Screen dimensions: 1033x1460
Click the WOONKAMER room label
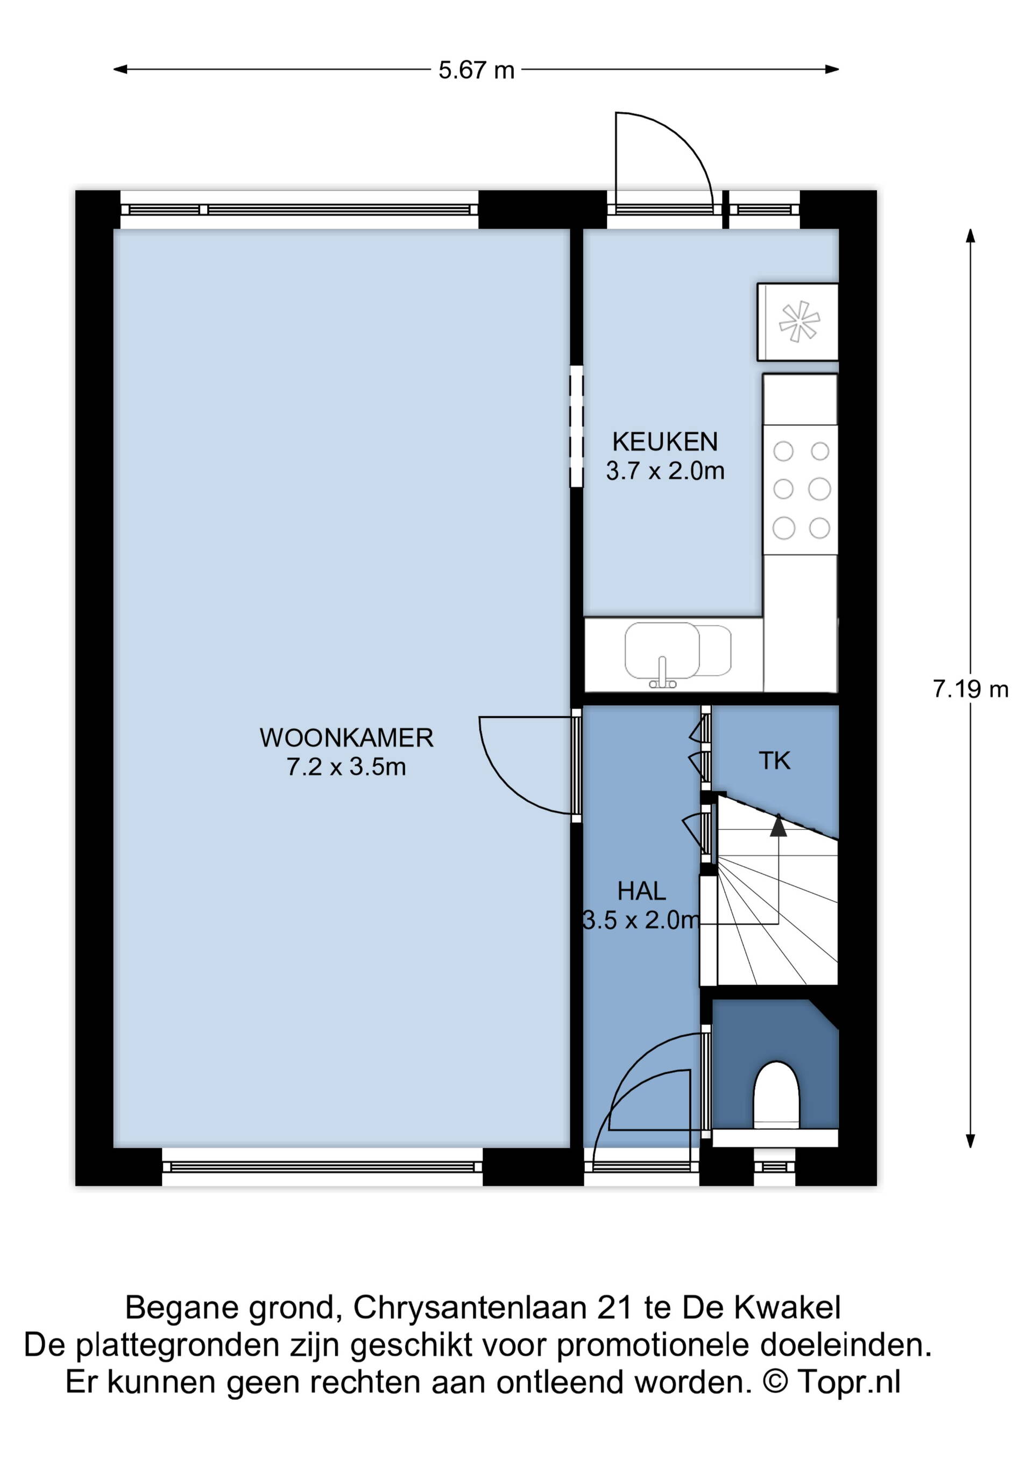346,738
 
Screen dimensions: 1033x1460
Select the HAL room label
642,891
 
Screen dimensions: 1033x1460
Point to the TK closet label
774,760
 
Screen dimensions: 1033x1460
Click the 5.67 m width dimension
477,70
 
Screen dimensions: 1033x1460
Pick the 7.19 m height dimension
971,689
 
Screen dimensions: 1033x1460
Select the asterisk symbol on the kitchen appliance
799,322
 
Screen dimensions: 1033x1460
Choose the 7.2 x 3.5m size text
346,767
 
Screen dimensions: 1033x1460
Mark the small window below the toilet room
774,1167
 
